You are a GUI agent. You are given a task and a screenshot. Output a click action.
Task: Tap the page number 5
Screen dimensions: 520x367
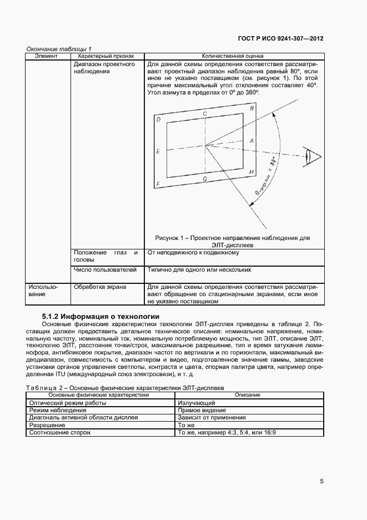pos(321,482)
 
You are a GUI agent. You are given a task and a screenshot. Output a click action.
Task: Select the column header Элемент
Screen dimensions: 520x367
pos(47,56)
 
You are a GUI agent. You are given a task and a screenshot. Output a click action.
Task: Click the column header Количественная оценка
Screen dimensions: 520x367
pos(232,56)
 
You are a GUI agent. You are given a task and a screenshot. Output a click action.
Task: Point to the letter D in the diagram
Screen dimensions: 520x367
pos(158,120)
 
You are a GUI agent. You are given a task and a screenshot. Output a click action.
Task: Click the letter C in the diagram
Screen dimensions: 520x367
pos(205,113)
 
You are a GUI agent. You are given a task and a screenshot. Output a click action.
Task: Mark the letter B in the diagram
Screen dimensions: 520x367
pos(252,108)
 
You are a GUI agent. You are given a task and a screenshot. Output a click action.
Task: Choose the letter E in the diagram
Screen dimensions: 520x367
pos(158,151)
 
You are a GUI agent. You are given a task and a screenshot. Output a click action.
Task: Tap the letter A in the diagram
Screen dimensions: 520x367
pos(252,141)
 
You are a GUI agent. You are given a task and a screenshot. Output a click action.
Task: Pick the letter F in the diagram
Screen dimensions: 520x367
pos(158,184)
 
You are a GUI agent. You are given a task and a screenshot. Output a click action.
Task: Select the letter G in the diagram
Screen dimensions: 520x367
pos(205,179)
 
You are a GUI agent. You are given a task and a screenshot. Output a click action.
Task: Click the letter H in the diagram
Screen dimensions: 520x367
pos(252,172)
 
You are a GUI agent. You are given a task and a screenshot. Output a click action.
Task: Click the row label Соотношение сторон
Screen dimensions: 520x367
pos(59,432)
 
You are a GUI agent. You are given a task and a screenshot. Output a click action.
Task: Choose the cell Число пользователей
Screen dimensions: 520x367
pos(105,269)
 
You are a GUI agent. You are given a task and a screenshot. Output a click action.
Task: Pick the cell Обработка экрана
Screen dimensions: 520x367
pos(100,287)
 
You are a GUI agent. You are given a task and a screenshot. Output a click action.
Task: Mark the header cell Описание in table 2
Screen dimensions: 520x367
pos(248,395)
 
